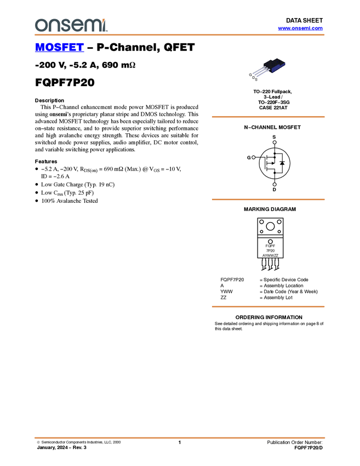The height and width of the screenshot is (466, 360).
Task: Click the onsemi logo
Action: [x=71, y=25]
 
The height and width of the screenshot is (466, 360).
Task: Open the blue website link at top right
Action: [x=300, y=29]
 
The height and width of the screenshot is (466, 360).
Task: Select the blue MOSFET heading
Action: [x=59, y=48]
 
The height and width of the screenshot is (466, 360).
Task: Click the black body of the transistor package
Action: [x=272, y=64]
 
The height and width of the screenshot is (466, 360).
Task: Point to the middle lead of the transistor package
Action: [x=260, y=72]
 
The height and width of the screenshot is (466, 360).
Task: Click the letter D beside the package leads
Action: [x=253, y=78]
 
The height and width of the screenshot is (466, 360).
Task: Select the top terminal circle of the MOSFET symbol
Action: [x=275, y=140]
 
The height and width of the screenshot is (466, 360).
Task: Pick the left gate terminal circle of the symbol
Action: [x=253, y=157]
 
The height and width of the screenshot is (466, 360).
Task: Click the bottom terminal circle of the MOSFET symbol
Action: [x=275, y=185]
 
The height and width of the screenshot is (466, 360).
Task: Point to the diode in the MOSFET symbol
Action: [x=282, y=163]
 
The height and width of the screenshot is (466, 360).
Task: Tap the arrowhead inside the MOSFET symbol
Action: [x=272, y=163]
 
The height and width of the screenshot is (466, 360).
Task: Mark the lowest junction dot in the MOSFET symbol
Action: [x=275, y=172]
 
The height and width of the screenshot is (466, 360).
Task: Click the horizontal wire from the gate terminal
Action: [x=260, y=157]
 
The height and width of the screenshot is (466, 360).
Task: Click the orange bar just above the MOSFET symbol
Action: [x=268, y=117]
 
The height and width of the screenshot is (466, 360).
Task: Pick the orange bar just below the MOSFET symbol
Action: [x=268, y=200]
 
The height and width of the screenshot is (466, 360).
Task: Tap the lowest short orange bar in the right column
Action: [x=268, y=306]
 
